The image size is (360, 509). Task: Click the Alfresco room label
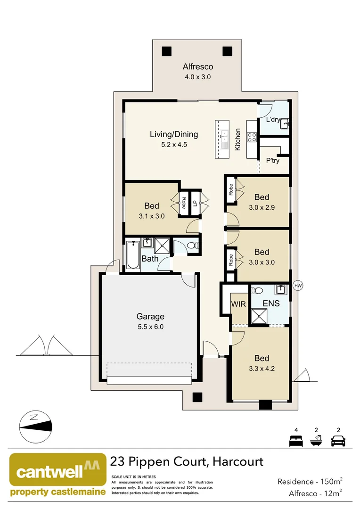pyautogui.click(x=198, y=67)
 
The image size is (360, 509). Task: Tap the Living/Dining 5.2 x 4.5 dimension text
pyautogui.click(x=173, y=145)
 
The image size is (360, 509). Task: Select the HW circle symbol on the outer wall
pyautogui.click(x=297, y=286)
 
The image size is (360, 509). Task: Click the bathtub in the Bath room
pyautogui.click(x=133, y=255)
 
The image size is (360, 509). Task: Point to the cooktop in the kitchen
pyautogui.click(x=252, y=137)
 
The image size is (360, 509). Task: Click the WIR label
pyautogui.click(x=238, y=304)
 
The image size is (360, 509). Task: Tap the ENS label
pyautogui.click(x=271, y=304)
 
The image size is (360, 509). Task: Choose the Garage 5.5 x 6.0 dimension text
pyautogui.click(x=150, y=327)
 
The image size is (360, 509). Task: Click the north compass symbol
pyautogui.click(x=36, y=427)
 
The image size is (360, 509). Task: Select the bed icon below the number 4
pyautogui.click(x=295, y=441)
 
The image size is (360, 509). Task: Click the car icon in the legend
pyautogui.click(x=338, y=441)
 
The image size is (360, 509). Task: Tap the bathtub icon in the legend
pyautogui.click(x=317, y=441)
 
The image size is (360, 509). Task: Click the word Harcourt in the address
pyautogui.click(x=238, y=461)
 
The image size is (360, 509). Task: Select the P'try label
pyautogui.click(x=272, y=161)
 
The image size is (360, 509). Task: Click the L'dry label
pyautogui.click(x=273, y=120)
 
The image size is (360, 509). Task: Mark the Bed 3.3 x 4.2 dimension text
pyautogui.click(x=262, y=368)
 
